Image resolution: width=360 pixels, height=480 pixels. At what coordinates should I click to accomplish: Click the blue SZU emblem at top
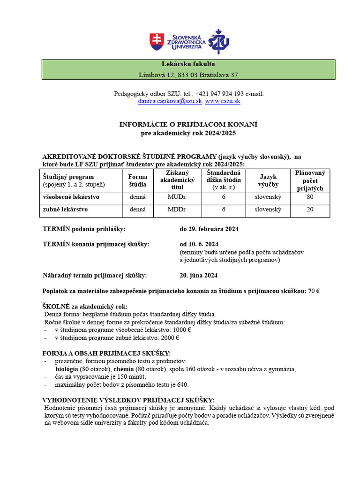(x=218, y=42)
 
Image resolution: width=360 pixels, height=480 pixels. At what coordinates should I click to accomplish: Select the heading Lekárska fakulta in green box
(x=188, y=64)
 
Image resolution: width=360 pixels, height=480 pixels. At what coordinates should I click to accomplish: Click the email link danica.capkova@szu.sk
(x=170, y=101)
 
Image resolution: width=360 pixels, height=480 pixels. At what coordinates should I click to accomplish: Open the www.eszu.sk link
(x=223, y=101)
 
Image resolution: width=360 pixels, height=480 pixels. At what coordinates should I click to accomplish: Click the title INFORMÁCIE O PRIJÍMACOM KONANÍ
(x=188, y=124)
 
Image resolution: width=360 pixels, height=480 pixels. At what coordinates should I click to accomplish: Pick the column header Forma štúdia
(x=137, y=180)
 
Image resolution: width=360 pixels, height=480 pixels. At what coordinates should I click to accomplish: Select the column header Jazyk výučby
(x=268, y=180)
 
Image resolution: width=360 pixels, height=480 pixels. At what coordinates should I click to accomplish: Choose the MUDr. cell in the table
(x=177, y=197)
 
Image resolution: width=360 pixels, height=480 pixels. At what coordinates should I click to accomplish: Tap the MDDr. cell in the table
(x=177, y=210)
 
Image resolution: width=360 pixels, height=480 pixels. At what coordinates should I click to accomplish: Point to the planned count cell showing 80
(x=310, y=197)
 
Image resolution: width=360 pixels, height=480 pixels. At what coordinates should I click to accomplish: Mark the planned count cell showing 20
(x=310, y=210)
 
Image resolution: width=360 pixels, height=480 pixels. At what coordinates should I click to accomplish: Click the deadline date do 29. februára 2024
(x=209, y=229)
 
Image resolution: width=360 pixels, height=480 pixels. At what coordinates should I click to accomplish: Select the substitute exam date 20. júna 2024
(x=198, y=275)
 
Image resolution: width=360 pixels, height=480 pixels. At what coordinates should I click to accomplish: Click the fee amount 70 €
(x=314, y=291)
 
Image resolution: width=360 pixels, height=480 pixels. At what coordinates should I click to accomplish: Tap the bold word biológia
(x=67, y=369)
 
